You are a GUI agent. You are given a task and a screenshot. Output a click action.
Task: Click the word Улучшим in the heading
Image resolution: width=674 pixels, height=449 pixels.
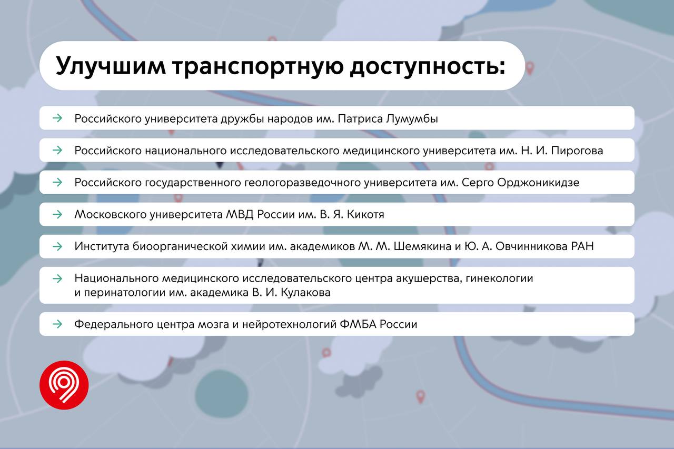coord(111,66)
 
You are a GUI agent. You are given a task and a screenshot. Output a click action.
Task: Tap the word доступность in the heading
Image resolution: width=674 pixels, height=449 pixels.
coord(427,66)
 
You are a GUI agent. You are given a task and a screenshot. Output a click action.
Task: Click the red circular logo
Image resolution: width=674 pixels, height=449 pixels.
coord(64,385)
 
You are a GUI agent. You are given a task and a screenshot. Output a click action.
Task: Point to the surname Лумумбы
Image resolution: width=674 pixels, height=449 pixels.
coord(412,119)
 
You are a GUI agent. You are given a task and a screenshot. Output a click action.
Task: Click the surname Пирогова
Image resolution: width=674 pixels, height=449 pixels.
coord(577,151)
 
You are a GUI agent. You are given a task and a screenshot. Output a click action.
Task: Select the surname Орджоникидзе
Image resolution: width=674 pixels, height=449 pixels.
coord(538,183)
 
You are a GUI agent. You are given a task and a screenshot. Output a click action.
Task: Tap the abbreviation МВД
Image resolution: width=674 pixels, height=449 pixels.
coord(240,214)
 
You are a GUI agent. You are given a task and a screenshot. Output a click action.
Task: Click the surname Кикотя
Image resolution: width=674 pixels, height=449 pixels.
coord(365,214)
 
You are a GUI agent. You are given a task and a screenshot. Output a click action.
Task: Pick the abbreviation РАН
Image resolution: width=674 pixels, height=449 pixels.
coord(582,246)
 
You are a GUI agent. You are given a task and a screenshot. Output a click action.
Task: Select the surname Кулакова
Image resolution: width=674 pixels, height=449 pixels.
coord(305,292)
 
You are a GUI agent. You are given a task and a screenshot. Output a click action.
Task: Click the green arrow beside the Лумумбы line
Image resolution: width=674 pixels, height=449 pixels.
coord(57,118)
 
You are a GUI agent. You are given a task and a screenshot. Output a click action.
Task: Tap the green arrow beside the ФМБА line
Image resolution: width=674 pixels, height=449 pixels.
coord(57,324)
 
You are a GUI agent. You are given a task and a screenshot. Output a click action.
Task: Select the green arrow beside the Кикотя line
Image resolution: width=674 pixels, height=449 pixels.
coord(57,214)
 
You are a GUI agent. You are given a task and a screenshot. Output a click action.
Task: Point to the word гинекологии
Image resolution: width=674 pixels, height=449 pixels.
coord(499,278)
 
